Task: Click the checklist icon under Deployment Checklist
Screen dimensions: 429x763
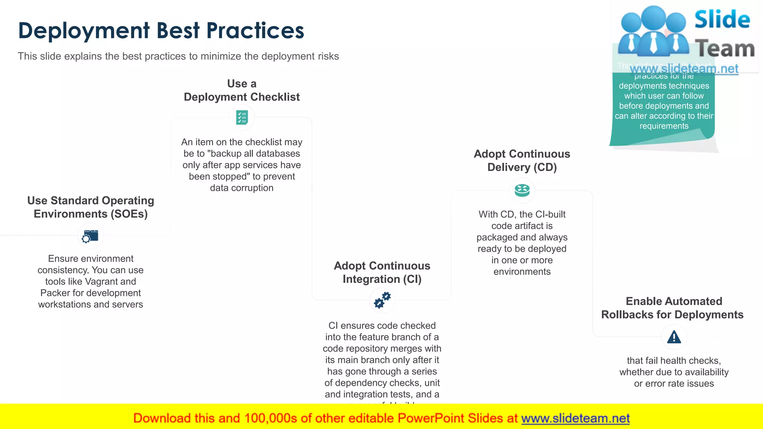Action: pos(242,117)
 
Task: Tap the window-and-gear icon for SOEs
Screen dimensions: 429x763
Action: pos(91,236)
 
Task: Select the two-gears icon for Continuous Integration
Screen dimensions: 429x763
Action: pos(382,300)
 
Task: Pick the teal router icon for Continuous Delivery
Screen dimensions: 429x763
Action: pos(522,190)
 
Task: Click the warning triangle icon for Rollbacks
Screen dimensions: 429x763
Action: pos(674,337)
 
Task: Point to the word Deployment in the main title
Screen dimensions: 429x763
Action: pos(84,31)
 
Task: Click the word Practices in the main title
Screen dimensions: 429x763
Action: pos(255,31)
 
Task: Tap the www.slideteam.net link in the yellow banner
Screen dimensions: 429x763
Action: pos(575,418)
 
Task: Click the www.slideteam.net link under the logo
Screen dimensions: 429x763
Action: pos(684,69)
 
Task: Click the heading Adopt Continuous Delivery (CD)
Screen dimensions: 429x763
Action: pos(522,161)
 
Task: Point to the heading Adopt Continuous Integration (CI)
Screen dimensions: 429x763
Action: pos(382,272)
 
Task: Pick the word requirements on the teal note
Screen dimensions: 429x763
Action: pos(664,126)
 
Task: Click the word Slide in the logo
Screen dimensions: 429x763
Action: pos(722,19)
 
